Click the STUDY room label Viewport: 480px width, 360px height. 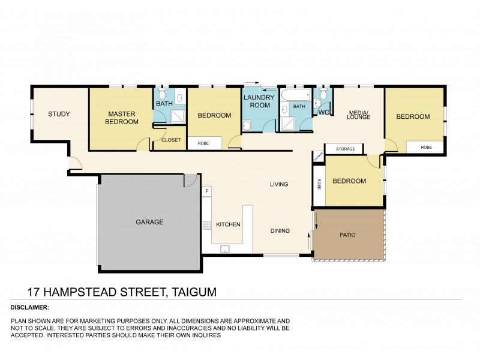[x=59, y=114]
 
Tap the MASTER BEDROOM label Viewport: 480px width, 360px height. [x=122, y=118]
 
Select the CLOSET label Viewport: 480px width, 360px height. [x=171, y=140]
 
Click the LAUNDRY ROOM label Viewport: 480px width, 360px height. [x=259, y=101]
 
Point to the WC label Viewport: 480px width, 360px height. [x=323, y=112]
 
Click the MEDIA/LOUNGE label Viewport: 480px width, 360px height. [x=358, y=114]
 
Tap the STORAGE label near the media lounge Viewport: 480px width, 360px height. [x=345, y=149]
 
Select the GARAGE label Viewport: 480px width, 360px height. [x=149, y=222]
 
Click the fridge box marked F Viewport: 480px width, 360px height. [x=207, y=191]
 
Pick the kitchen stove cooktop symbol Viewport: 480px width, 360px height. [x=206, y=226]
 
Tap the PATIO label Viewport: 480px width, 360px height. [x=347, y=235]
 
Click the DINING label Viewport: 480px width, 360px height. [x=280, y=230]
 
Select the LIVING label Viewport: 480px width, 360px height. [x=279, y=184]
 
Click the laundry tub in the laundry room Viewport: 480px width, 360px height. [x=246, y=125]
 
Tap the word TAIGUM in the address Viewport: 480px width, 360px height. [x=194, y=292]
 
